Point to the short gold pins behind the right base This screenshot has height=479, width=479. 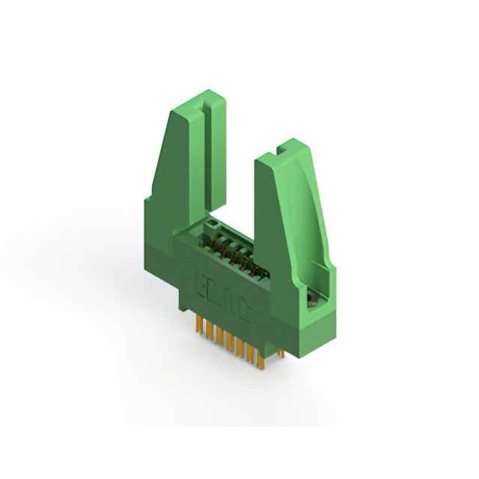click(279, 350)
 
